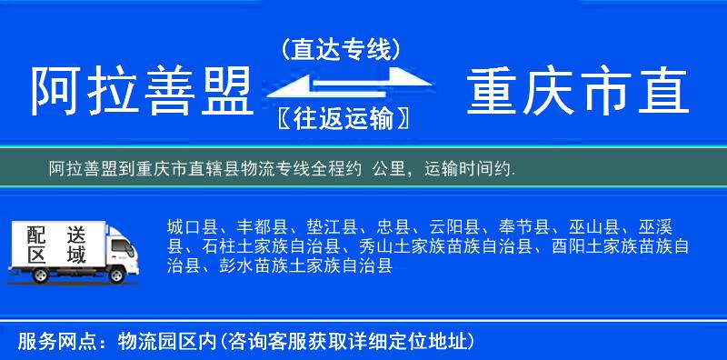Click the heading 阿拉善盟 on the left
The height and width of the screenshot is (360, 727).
pyautogui.click(x=141, y=92)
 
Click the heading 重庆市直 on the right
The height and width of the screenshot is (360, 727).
pyautogui.click(x=578, y=92)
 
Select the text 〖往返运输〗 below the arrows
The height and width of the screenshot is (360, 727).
pyautogui.click(x=341, y=118)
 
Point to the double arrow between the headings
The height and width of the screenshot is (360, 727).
pyautogui.click(x=341, y=84)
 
